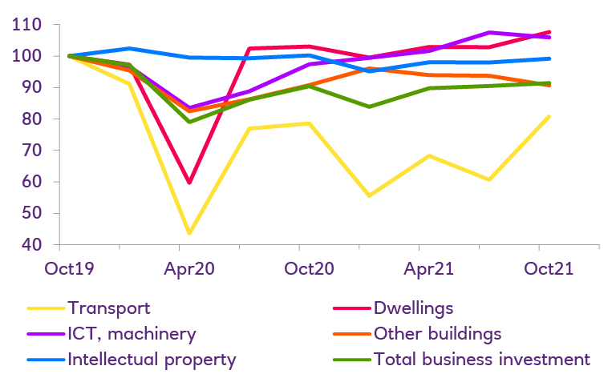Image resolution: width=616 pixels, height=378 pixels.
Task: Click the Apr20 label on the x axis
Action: (189, 270)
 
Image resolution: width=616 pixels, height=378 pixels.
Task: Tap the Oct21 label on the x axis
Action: (548, 270)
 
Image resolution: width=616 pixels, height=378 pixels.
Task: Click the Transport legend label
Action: (109, 308)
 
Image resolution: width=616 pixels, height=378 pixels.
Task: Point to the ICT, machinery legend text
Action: (132, 333)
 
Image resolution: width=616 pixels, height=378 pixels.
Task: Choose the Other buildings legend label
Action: (437, 333)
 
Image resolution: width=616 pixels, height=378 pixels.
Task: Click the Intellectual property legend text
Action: (152, 359)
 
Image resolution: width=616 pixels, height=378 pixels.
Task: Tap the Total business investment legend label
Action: (482, 359)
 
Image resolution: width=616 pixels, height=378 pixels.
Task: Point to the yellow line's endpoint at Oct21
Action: (549, 117)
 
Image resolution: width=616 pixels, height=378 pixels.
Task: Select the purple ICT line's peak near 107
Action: (489, 33)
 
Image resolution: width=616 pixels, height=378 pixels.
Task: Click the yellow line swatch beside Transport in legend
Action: (45, 308)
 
